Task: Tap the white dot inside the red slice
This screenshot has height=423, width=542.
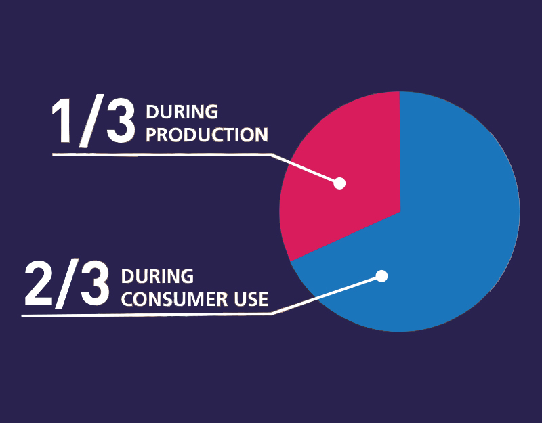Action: (340, 183)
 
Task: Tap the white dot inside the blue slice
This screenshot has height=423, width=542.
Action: (381, 276)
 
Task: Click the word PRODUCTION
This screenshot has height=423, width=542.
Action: (207, 135)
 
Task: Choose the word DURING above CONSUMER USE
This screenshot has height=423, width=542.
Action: (157, 277)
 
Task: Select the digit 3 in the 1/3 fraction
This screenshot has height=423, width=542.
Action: (120, 123)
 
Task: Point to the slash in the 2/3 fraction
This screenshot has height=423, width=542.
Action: (68, 284)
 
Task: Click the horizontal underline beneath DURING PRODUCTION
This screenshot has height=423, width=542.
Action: (163, 155)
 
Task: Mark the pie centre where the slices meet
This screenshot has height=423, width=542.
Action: (400, 211)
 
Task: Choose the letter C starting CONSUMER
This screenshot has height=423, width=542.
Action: (127, 298)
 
